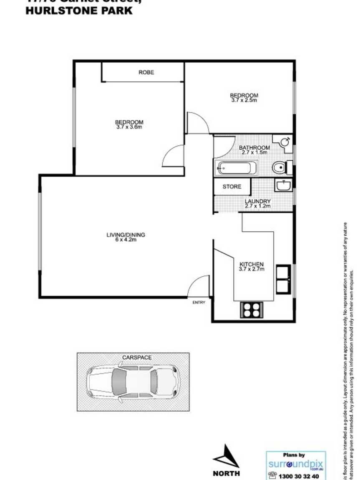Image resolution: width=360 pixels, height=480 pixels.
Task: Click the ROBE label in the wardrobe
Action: click(146, 73)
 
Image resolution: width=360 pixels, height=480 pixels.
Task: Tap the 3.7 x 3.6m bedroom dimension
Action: click(129, 127)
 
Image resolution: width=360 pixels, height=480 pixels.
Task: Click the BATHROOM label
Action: click(254, 148)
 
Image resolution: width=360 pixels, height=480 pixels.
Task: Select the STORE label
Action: click(232, 187)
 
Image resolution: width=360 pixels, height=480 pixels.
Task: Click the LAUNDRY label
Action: click(257, 201)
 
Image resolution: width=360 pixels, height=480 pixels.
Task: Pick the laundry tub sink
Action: click(283, 184)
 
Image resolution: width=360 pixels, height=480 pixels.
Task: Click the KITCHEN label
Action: click(251, 264)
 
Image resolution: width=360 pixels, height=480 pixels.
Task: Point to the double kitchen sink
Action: click(284, 279)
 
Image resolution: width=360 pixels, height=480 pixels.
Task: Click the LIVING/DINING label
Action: click(126, 235)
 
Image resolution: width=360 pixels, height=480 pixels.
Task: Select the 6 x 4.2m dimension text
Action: click(126, 240)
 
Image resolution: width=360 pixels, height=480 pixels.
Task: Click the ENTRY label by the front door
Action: click(199, 303)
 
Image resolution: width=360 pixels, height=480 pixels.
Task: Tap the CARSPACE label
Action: click(136, 358)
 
